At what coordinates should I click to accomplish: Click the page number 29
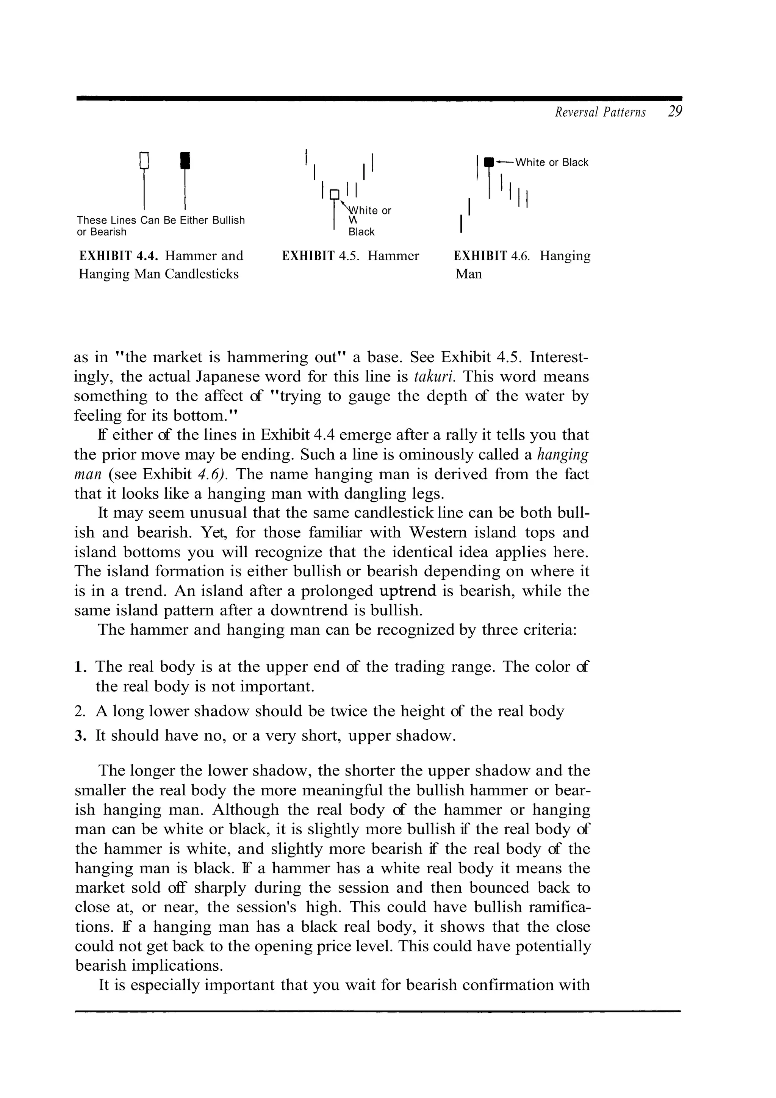674,112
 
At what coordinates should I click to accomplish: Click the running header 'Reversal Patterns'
600,113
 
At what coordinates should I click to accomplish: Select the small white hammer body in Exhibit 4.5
335,194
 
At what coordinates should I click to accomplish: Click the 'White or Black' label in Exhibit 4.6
551,163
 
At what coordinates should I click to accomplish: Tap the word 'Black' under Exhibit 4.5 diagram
361,232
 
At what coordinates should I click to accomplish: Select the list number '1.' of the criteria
81,667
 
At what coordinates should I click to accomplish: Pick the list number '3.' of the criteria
81,735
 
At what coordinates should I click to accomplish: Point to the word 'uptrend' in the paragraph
407,591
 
